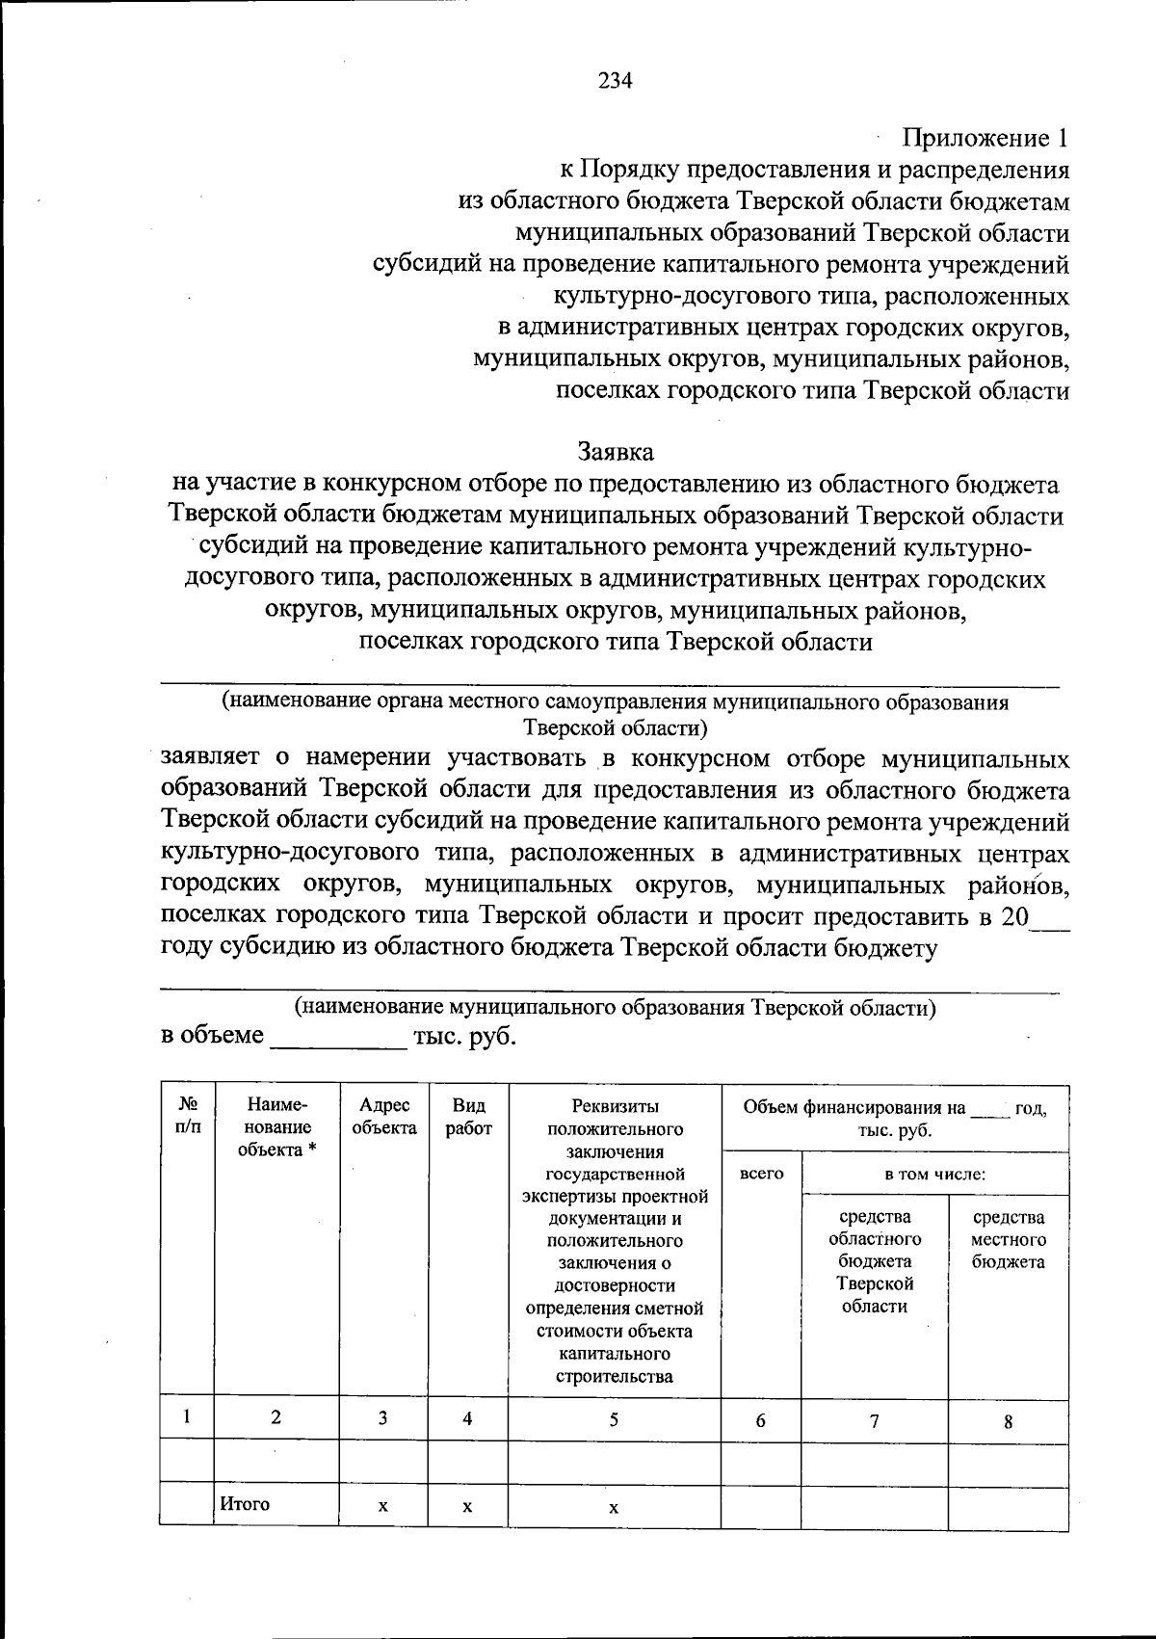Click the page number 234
[x=615, y=82]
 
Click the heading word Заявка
[x=615, y=451]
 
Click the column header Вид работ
[x=468, y=1117]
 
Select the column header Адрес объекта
[x=384, y=1117]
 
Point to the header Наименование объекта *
[x=276, y=1127]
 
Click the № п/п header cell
[x=188, y=1117]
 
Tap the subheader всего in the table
[x=761, y=1174]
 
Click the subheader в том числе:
[x=934, y=1174]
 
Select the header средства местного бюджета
[x=1008, y=1239]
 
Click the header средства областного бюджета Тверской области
[x=874, y=1261]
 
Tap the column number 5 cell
[x=614, y=1418]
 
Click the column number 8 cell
[x=1008, y=1421]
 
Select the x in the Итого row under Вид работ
[x=466, y=1506]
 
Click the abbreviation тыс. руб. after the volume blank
[x=463, y=1037]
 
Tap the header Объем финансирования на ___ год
[x=895, y=1119]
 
